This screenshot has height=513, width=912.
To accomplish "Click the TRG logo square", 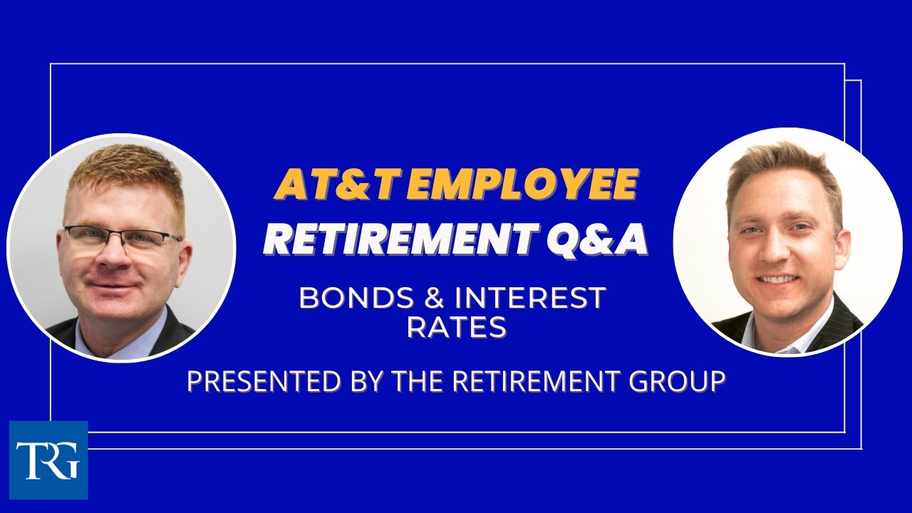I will (48, 460).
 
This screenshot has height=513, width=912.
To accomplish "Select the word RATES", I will (456, 327).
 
